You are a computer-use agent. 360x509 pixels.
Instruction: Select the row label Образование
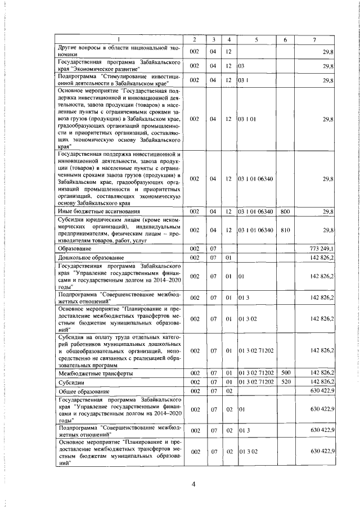coord(74,249)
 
